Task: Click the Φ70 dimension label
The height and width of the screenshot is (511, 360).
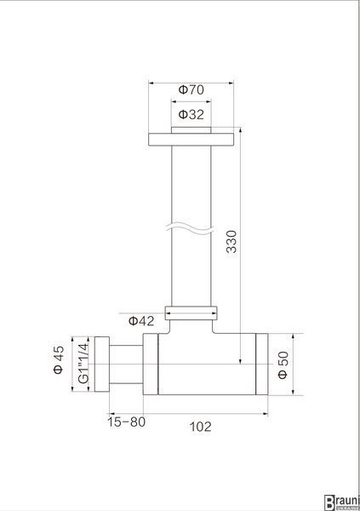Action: pos(191,89)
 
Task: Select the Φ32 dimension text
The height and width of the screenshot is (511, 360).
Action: pos(191,114)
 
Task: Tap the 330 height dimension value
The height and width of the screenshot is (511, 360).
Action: pos(232,242)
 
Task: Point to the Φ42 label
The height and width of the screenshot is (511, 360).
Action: pos(141,321)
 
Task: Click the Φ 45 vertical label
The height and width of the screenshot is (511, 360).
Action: pos(59,359)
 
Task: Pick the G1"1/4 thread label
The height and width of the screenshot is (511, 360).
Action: pos(83,363)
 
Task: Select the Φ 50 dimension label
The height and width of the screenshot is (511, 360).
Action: pos(283,365)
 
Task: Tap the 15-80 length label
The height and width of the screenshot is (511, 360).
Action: pos(127,422)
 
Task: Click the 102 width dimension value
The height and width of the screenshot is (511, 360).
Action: pos(200,427)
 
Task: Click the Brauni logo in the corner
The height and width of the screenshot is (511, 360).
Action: pos(342,502)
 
